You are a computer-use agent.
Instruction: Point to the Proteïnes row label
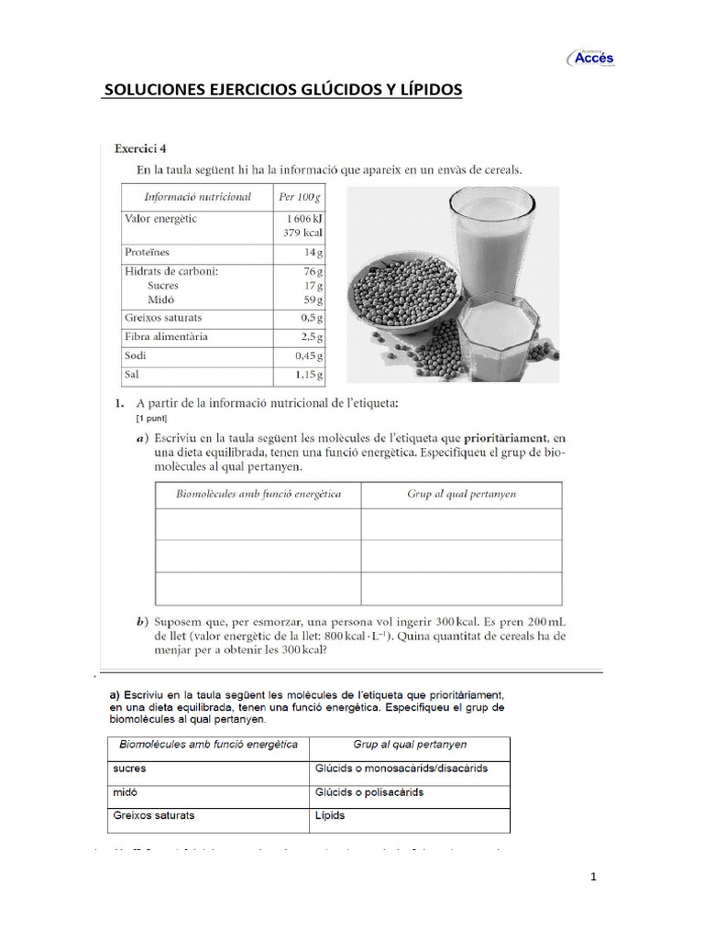tap(148, 251)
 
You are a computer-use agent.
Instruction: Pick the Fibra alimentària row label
tap(166, 336)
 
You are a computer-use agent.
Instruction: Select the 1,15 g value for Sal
tap(308, 375)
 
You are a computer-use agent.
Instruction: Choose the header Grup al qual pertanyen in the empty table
tap(461, 494)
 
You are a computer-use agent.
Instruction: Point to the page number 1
tap(593, 877)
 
